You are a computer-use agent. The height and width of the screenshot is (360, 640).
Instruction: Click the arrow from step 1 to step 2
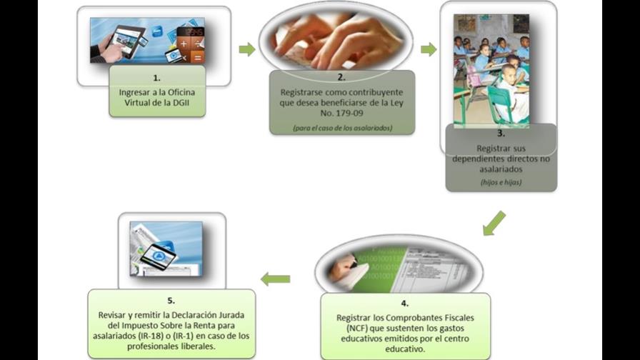pyautogui.click(x=247, y=50)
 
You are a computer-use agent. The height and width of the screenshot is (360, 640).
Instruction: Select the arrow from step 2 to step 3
pyautogui.click(x=429, y=50)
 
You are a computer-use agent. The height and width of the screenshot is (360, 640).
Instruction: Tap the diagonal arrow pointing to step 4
pyautogui.click(x=494, y=224)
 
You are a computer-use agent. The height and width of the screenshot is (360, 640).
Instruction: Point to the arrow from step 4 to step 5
pyautogui.click(x=276, y=279)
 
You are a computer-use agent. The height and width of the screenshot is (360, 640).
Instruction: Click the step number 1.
pyautogui.click(x=156, y=78)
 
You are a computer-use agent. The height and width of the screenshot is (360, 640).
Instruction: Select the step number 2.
pyautogui.click(x=341, y=77)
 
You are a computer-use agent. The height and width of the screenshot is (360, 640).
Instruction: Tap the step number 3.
pyautogui.click(x=501, y=134)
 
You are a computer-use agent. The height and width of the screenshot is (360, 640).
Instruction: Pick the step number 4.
pyautogui.click(x=404, y=304)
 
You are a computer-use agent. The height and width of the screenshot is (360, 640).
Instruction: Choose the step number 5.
pyautogui.click(x=171, y=301)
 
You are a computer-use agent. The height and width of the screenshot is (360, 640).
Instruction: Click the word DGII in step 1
pyautogui.click(x=181, y=103)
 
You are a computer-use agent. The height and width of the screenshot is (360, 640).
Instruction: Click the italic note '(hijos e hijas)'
pyautogui.click(x=501, y=182)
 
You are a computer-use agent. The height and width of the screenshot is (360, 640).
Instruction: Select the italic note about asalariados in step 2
pyautogui.click(x=342, y=128)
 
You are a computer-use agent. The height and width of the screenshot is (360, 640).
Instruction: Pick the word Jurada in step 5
pyautogui.click(x=231, y=315)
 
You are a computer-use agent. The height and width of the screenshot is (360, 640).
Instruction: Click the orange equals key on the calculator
pyautogui.click(x=198, y=58)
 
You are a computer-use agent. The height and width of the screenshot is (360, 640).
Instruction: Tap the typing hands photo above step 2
pyautogui.click(x=336, y=40)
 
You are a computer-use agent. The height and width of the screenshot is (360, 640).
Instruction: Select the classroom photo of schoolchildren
pyautogui.click(x=491, y=71)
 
